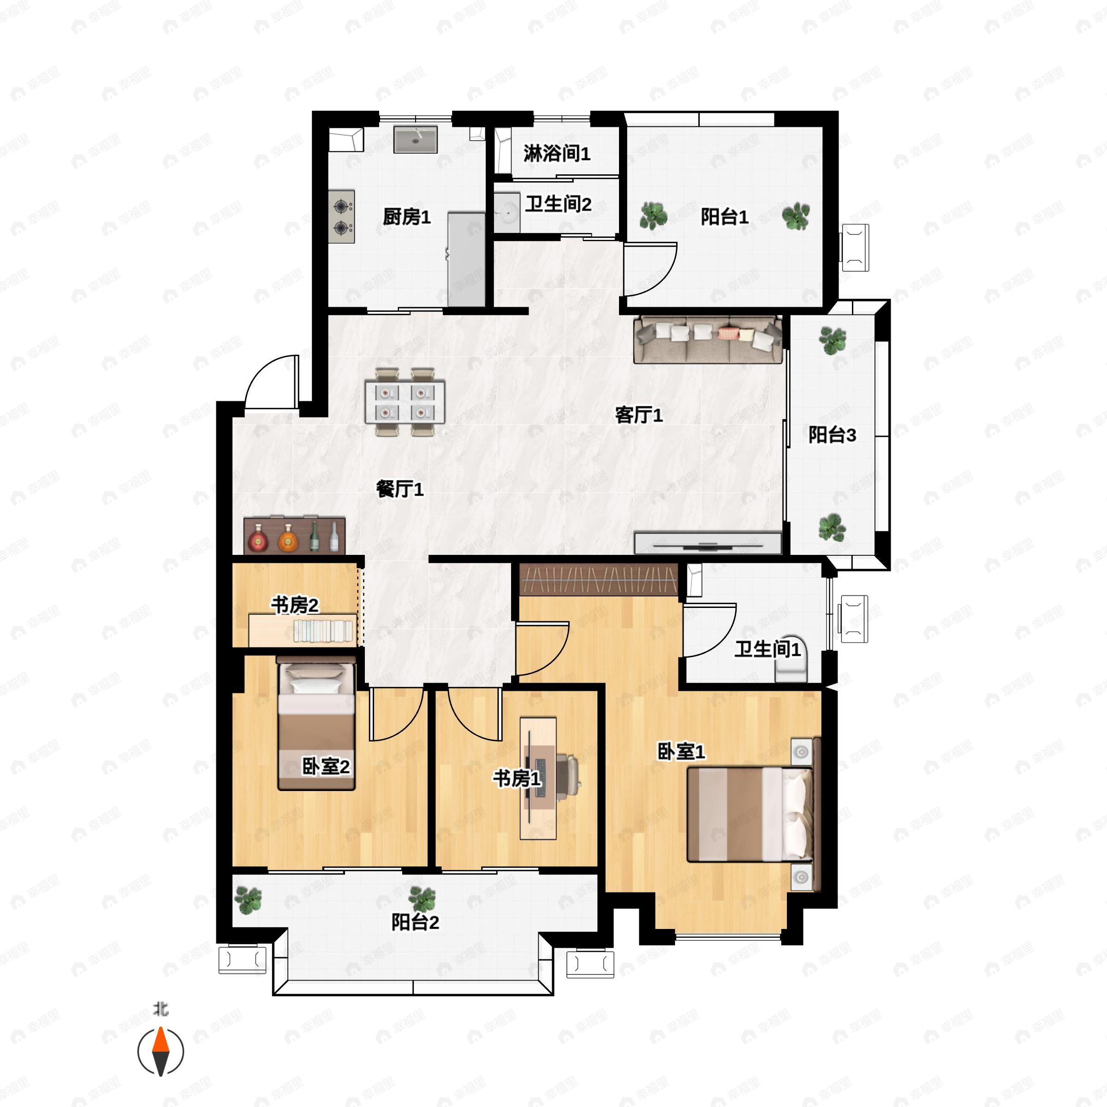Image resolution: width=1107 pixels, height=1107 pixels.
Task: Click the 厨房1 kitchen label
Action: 406,217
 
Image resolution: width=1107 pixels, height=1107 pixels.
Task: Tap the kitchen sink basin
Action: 416,139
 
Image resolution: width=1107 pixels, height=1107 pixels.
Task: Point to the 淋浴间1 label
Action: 557,154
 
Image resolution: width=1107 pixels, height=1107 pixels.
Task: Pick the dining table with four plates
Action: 405,402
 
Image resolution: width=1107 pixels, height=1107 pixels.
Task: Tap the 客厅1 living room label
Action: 639,415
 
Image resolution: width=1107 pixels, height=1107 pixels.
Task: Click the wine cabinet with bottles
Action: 295,536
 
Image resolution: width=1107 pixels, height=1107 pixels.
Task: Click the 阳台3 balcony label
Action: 832,435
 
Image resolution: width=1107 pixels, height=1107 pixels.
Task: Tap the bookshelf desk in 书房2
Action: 303,630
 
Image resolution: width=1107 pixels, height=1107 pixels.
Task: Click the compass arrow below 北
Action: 161,1052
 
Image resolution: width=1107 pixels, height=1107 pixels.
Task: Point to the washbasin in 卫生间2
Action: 507,213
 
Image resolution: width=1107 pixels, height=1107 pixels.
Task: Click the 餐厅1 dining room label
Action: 400,489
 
